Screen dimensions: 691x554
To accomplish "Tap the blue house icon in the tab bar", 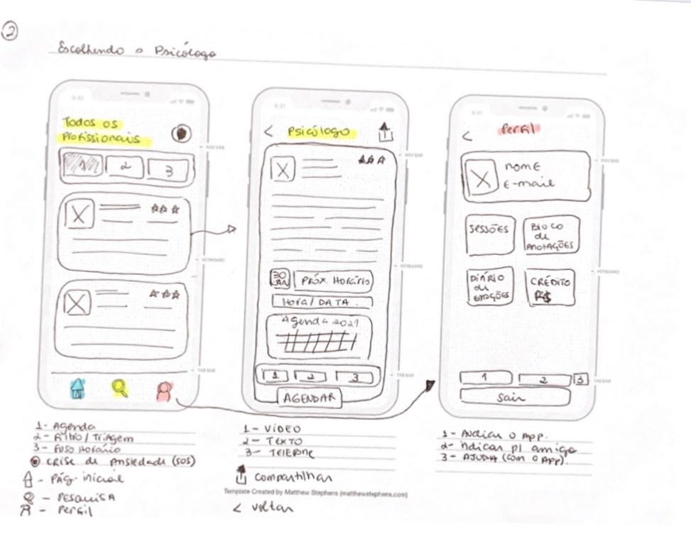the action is [77, 388].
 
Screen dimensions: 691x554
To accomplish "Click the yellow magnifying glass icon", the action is [121, 388].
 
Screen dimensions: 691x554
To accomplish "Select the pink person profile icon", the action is [165, 391].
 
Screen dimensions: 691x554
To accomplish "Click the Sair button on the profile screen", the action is [514, 398].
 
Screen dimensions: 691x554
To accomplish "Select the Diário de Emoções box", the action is [489, 287].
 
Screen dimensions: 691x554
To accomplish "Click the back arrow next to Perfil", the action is [467, 136].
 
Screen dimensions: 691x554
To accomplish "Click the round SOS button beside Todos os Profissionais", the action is [183, 134].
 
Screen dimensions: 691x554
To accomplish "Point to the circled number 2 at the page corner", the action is [11, 31].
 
